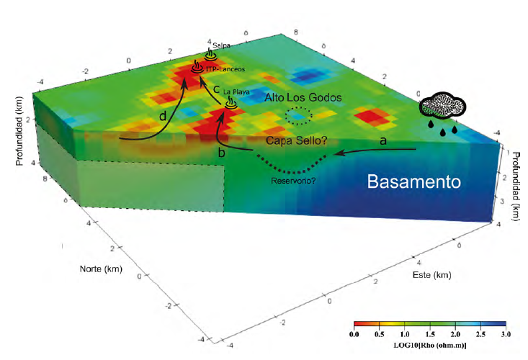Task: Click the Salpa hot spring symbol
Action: click(210, 55)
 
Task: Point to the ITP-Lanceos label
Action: click(225, 69)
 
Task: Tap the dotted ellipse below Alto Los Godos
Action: click(297, 115)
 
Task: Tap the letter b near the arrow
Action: click(221, 153)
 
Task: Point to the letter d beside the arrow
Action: click(164, 114)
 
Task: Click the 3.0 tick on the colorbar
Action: click(506, 335)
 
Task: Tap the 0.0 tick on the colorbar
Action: click(354, 335)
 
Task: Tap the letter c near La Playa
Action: click(218, 89)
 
